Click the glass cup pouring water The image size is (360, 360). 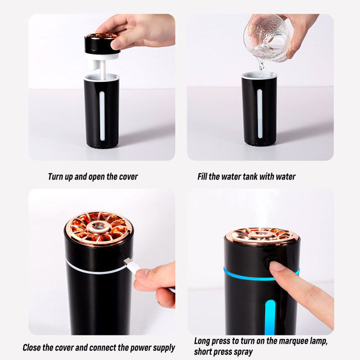click(266, 38)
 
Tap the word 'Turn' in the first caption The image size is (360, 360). click(55, 176)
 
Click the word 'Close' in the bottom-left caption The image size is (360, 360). click(31, 347)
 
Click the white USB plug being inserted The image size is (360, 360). click(133, 266)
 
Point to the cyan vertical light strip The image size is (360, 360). click(270, 317)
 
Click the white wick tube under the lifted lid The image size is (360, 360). click(103, 70)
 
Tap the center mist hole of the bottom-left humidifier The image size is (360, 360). click(99, 227)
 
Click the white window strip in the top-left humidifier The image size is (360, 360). click(102, 116)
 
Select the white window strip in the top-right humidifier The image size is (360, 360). click(260, 114)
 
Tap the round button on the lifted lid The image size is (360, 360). click(93, 47)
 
